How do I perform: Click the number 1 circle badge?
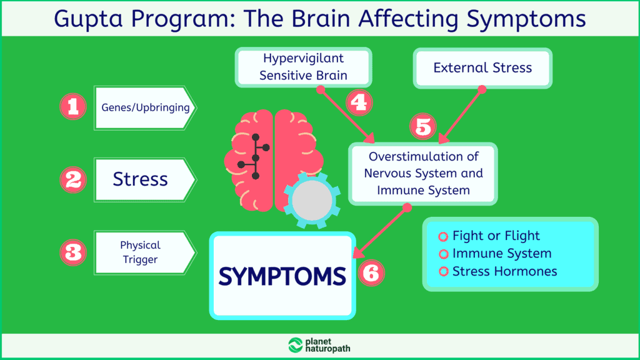pyautogui.click(x=72, y=107)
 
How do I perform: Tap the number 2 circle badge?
pyautogui.click(x=72, y=180)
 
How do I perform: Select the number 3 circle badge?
pyautogui.click(x=72, y=253)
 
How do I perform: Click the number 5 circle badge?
pyautogui.click(x=422, y=127)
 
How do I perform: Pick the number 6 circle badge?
pyautogui.click(x=372, y=272)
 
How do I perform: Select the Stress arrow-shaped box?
pyautogui.click(x=142, y=179)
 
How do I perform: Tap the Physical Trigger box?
pyautogui.click(x=142, y=252)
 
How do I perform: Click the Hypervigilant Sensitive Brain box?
pyautogui.click(x=304, y=67)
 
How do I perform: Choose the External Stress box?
pyautogui.click(x=482, y=67)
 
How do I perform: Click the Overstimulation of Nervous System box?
pyautogui.click(x=423, y=174)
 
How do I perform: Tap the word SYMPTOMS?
pyautogui.click(x=282, y=276)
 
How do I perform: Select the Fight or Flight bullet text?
pyautogui.click(x=496, y=236)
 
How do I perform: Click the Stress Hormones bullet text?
pyautogui.click(x=504, y=271)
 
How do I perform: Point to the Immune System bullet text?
pyautogui.click(x=502, y=254)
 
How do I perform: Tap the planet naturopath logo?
pyautogui.click(x=319, y=346)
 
